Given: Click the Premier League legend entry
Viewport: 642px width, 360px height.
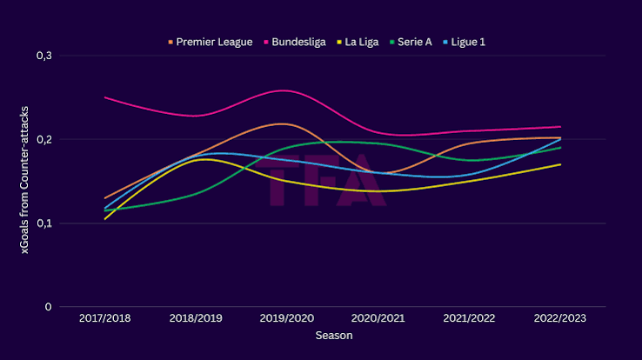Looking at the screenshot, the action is click(x=211, y=42).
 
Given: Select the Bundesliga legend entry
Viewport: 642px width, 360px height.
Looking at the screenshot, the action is click(x=295, y=42).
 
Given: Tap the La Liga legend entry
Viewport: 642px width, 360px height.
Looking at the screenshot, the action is click(x=358, y=42).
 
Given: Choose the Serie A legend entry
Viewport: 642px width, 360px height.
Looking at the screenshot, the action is click(x=411, y=42).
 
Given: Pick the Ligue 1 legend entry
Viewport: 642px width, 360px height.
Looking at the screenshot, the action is click(x=464, y=42).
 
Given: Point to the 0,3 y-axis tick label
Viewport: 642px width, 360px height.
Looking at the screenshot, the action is click(x=44, y=56).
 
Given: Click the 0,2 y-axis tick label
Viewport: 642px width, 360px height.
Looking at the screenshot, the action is click(x=44, y=139).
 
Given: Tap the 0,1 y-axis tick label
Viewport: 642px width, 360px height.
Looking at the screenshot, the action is click(x=44, y=223).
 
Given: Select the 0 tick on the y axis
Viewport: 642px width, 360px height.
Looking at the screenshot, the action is click(x=49, y=307).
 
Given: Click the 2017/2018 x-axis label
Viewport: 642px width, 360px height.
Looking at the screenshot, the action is click(x=104, y=318).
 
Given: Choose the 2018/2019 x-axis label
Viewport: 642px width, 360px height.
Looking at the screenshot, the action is click(x=196, y=318).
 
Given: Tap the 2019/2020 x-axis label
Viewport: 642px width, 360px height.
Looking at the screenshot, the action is click(x=286, y=318).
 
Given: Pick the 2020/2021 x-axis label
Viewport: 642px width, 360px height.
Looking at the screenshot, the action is click(x=378, y=318).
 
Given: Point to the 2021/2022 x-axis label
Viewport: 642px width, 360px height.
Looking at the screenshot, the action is click(x=469, y=318).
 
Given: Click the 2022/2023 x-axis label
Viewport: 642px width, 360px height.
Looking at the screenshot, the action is click(x=559, y=318).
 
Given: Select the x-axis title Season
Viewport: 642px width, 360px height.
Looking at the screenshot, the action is click(x=334, y=336).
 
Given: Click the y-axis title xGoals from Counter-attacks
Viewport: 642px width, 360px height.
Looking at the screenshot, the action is click(x=24, y=180).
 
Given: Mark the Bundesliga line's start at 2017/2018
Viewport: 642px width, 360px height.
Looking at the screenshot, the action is click(x=105, y=97).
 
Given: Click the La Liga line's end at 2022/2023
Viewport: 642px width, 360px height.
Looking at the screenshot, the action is click(x=560, y=164).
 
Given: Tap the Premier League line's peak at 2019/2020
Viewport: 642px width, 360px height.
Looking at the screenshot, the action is click(x=284, y=123).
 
